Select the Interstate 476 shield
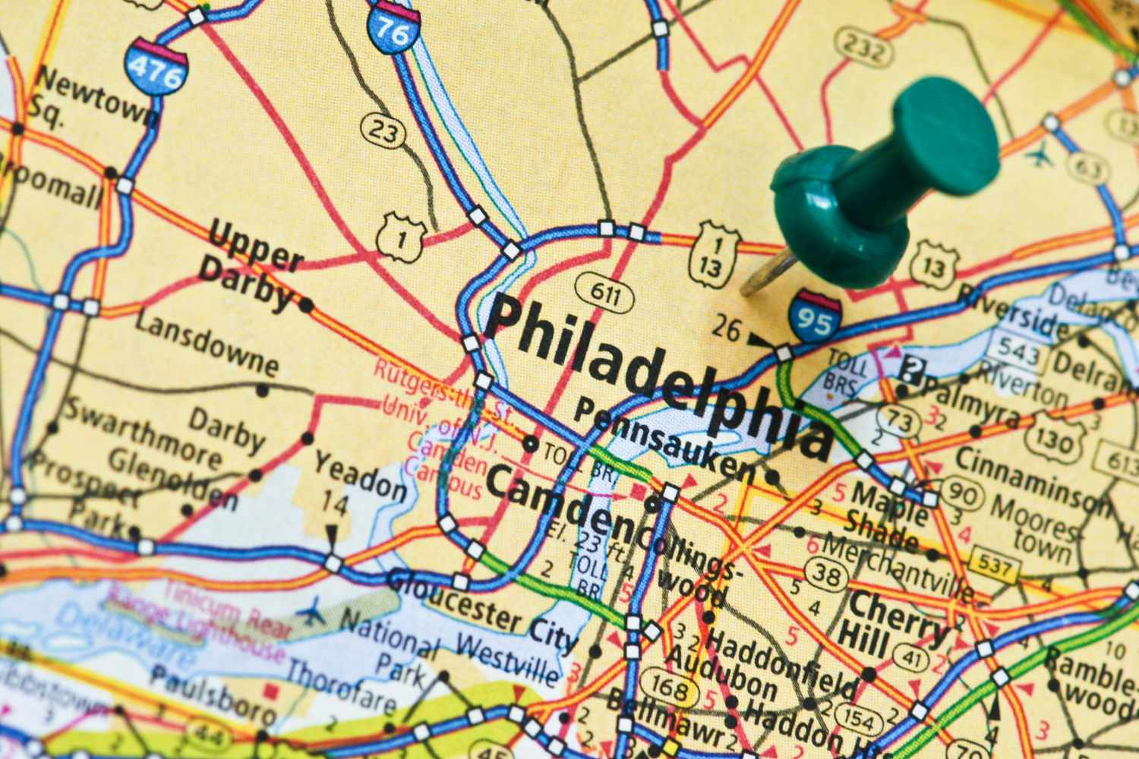(156, 67)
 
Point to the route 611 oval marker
(604, 294)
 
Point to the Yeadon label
(360, 475)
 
